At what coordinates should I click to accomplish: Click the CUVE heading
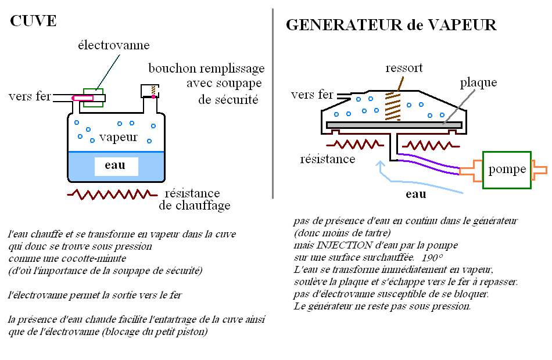click(x=34, y=21)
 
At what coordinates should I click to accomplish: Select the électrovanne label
click(x=114, y=45)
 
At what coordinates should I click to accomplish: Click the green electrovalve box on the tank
click(x=93, y=98)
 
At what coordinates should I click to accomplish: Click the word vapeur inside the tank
click(x=118, y=138)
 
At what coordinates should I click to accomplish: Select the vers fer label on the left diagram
click(x=30, y=96)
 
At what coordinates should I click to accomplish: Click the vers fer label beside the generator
click(x=312, y=95)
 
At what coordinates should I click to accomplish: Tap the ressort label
click(x=404, y=68)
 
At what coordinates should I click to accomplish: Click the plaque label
click(x=478, y=82)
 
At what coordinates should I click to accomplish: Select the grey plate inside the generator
click(x=395, y=125)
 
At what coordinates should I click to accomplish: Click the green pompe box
click(x=507, y=170)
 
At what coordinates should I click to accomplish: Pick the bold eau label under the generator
click(x=415, y=195)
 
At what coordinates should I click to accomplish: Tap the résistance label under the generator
click(x=328, y=159)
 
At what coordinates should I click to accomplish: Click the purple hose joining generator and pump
click(x=430, y=163)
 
